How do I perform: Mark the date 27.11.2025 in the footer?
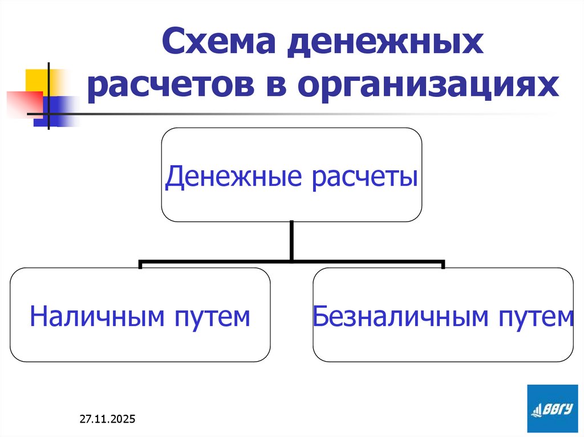pos(107,420)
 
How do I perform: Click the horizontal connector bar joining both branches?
pos(292,263)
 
